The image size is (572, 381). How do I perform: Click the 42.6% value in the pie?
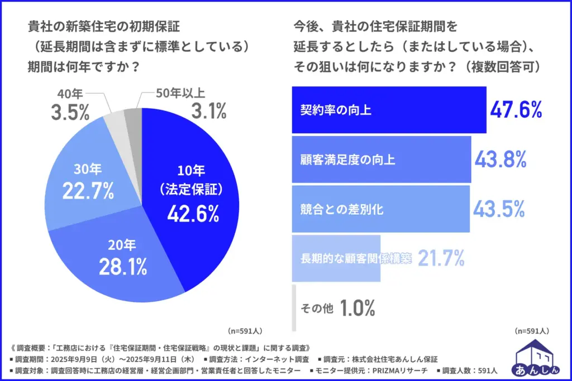coord(192,214)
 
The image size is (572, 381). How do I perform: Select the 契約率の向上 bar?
coord(389,110)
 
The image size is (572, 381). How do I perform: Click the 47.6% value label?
coord(516,110)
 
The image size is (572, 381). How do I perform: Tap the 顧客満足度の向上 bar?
coord(382,160)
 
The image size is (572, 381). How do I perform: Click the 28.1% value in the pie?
coord(123,267)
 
